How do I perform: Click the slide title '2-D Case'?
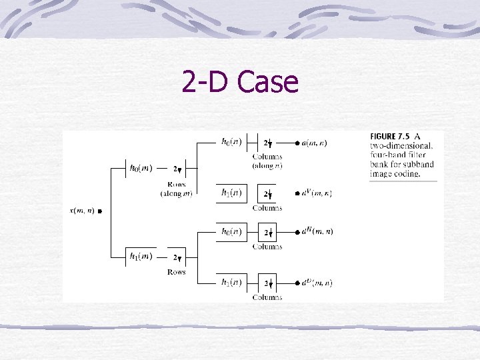pos(240,83)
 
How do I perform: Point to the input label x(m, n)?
pos(81,211)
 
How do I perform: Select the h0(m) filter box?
pos(141,169)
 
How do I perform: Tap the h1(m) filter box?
pos(141,257)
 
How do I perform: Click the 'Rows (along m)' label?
pos(176,189)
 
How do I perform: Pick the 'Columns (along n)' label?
pos(267,161)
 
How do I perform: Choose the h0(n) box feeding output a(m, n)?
pos(231,142)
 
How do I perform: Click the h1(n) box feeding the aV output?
pos(231,193)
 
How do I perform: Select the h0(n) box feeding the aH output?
pos(231,231)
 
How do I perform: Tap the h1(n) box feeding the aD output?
pos(231,283)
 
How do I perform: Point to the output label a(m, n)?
pos(315,143)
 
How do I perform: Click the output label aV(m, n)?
pos(317,193)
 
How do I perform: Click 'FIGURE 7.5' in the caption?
pos(390,137)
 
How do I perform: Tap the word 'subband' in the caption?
pos(419,164)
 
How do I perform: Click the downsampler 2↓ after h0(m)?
pos(177,169)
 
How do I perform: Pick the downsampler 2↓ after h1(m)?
pos(177,257)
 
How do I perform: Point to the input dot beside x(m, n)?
pos(99,212)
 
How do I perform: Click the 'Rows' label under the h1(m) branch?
pos(176,272)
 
